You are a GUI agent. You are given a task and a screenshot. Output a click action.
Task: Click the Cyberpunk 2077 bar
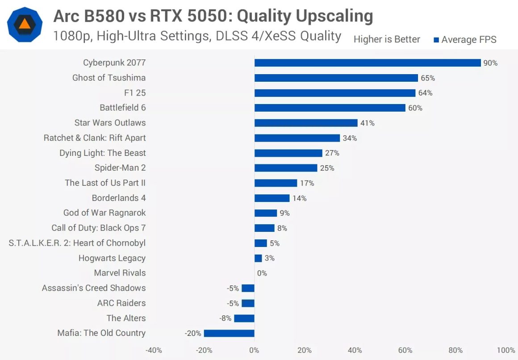coord(368,63)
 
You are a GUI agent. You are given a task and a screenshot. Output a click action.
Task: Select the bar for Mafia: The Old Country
coord(229,333)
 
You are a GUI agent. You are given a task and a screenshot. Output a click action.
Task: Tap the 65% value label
coord(427,78)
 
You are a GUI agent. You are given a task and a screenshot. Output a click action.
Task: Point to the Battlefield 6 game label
coord(123,108)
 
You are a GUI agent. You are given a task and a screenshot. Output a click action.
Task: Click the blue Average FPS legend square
coord(436,40)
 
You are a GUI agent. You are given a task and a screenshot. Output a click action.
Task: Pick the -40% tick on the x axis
coord(154,350)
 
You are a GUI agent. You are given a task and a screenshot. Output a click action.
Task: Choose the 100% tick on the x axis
coord(505,350)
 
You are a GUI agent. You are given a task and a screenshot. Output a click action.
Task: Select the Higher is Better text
coord(387,40)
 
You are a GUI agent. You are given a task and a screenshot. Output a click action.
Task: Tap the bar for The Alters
coord(244,318)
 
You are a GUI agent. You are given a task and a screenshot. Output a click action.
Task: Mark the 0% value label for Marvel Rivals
coord(262,273)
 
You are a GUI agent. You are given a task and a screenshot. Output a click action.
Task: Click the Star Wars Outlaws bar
coord(306,123)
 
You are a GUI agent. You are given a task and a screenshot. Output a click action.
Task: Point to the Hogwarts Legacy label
coord(112,258)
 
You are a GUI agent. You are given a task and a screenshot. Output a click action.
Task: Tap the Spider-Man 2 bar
coord(286,168)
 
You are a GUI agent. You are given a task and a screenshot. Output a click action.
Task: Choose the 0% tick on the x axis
coord(254,350)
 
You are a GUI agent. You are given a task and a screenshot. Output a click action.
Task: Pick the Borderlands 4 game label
coord(119,198)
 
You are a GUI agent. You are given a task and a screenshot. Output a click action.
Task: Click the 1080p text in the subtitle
coord(71,36)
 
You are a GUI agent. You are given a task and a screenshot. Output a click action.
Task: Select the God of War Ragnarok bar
coord(266,213)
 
